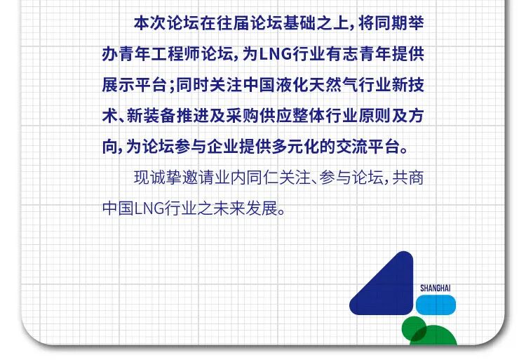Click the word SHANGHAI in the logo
[435, 288]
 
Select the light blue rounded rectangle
[436, 304]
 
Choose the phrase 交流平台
[389, 147]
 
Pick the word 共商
[408, 178]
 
